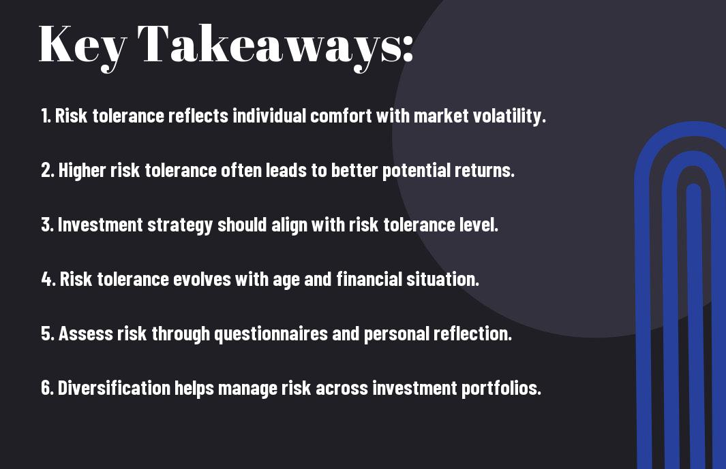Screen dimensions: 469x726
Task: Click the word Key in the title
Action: pyautogui.click(x=82, y=44)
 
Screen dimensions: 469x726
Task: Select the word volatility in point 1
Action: pyautogui.click(x=510, y=116)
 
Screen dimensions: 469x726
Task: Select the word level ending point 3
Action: pyautogui.click(x=480, y=225)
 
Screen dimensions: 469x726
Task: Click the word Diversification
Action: pyautogui.click(x=114, y=388)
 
